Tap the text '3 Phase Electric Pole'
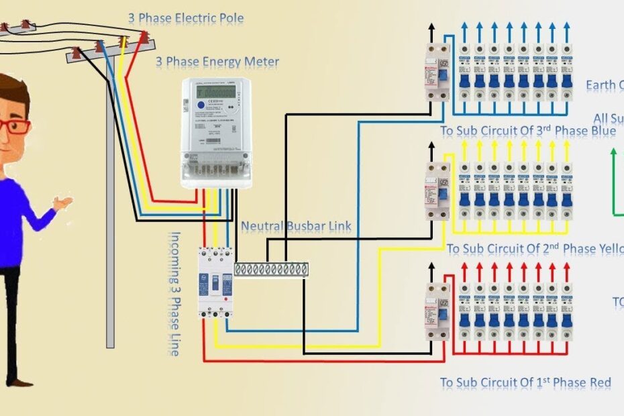(186, 18)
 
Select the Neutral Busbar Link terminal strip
(271, 269)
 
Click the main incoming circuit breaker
(215, 282)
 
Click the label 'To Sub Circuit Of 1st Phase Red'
(525, 383)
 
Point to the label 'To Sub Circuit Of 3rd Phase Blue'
(527, 131)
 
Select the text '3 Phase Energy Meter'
(217, 62)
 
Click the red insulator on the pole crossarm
(143, 38)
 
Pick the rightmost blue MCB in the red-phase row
(566, 313)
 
